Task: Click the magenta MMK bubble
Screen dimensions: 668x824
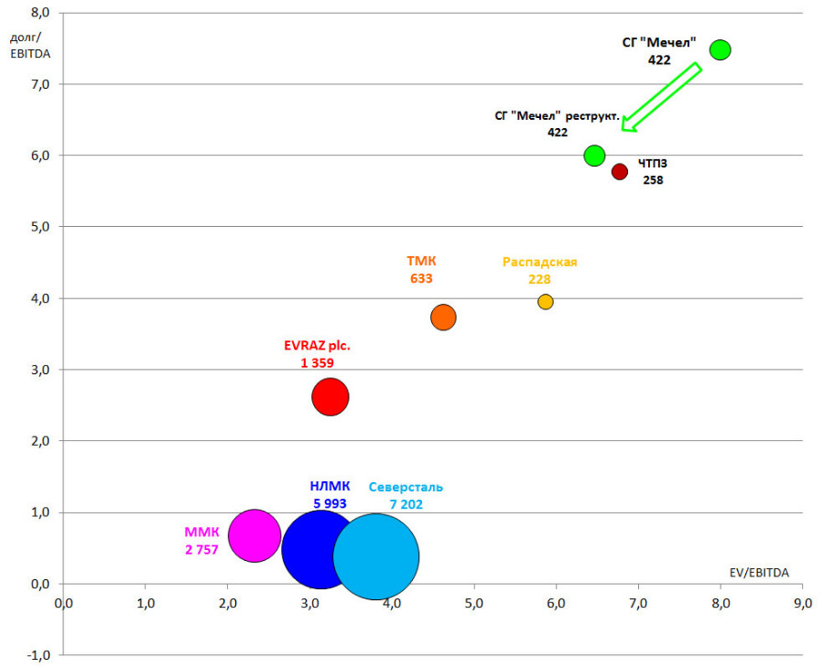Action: pos(254,535)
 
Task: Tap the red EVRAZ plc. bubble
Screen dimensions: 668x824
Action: pos(331,397)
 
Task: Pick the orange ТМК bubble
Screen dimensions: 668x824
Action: pos(443,317)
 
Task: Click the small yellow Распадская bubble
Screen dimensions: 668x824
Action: pos(546,302)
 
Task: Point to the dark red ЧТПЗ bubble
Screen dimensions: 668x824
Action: pos(620,171)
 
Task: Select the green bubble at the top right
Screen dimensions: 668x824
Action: pos(721,49)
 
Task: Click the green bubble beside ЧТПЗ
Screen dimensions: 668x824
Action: pos(594,156)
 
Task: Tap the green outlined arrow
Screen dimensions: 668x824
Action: pos(661,97)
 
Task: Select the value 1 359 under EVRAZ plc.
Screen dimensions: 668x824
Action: pos(317,363)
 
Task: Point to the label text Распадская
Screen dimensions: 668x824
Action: pos(539,262)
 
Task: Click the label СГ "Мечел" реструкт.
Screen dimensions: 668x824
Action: pos(557,116)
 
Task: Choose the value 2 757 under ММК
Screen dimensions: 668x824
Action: pos(201,550)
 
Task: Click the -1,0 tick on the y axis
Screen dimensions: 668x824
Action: pos(40,655)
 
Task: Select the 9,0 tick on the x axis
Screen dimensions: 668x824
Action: pos(802,604)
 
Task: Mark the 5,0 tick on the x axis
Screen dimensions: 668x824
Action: pos(473,604)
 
